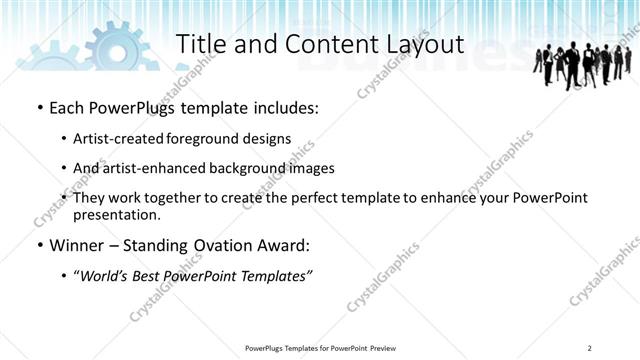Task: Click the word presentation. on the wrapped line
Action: (116, 214)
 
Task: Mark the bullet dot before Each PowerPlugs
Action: (38, 108)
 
